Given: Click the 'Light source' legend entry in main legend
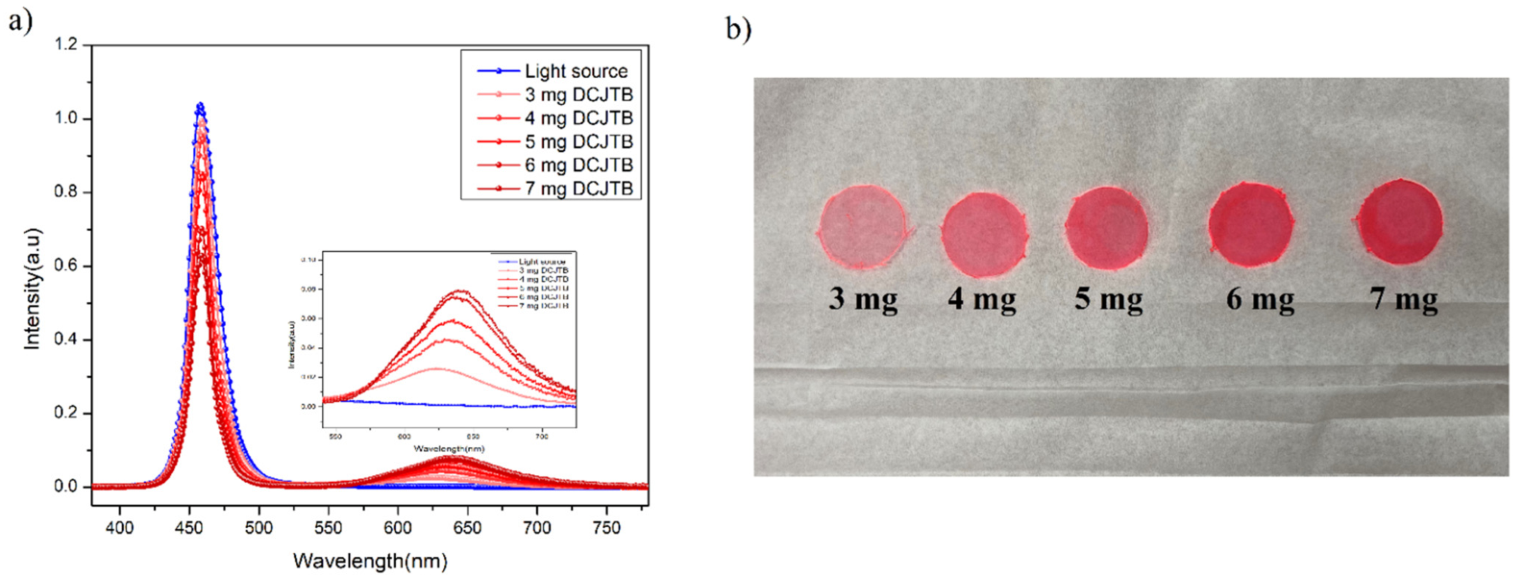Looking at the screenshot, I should [x=576, y=71].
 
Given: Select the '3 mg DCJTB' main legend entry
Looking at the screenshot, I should [x=578, y=95].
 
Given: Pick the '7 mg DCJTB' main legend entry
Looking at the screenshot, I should [x=578, y=189].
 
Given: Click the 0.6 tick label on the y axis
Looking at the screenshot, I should [x=67, y=266].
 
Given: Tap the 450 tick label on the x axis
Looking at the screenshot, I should [x=189, y=527].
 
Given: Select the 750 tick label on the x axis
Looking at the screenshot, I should [x=607, y=527].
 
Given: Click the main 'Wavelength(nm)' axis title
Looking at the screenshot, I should [x=370, y=560].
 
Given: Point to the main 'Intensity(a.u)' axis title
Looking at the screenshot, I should [x=32, y=289].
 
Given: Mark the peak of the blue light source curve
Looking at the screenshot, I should [x=200, y=105].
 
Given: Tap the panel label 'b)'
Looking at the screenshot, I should [x=738, y=30].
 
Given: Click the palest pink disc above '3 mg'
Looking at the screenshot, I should [x=863, y=227].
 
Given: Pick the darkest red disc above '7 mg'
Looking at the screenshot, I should [x=1401, y=222].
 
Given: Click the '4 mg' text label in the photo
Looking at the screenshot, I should [x=982, y=299].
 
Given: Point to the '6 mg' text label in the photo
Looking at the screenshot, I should [x=1260, y=299].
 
